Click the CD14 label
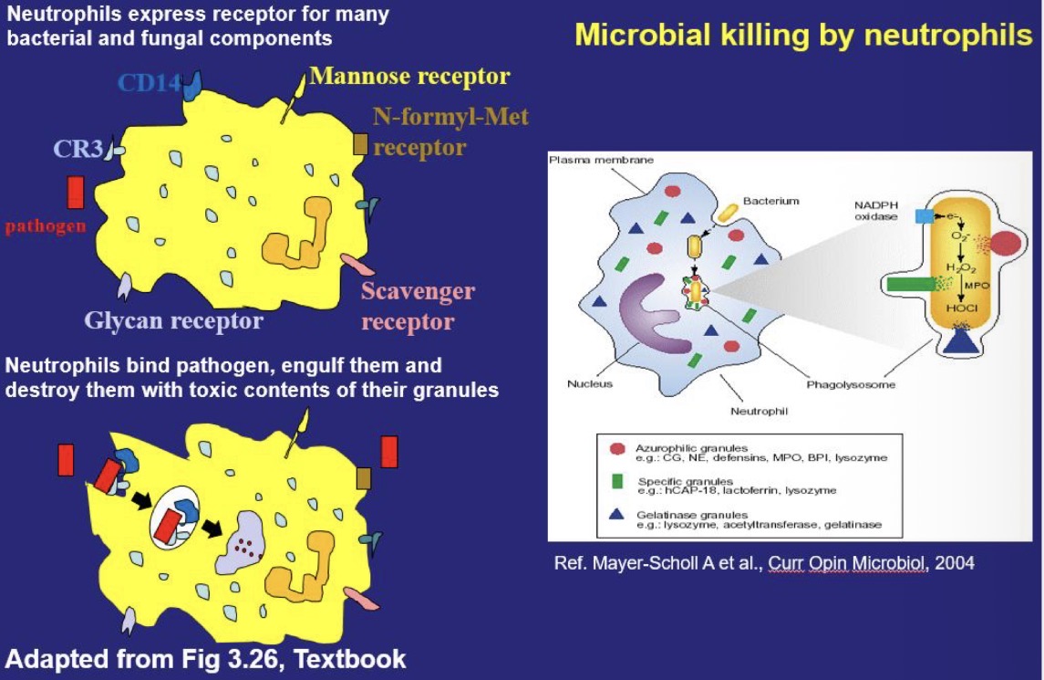click(150, 83)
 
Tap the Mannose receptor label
click(409, 76)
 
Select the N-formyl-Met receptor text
click(450, 131)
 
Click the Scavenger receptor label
click(418, 307)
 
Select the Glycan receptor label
click(173, 321)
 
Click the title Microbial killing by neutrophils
click(802, 36)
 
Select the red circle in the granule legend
click(617, 449)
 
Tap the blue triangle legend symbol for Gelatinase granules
click(617, 515)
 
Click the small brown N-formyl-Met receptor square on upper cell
click(361, 143)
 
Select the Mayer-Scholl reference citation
click(764, 563)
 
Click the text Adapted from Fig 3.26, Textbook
click(206, 658)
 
